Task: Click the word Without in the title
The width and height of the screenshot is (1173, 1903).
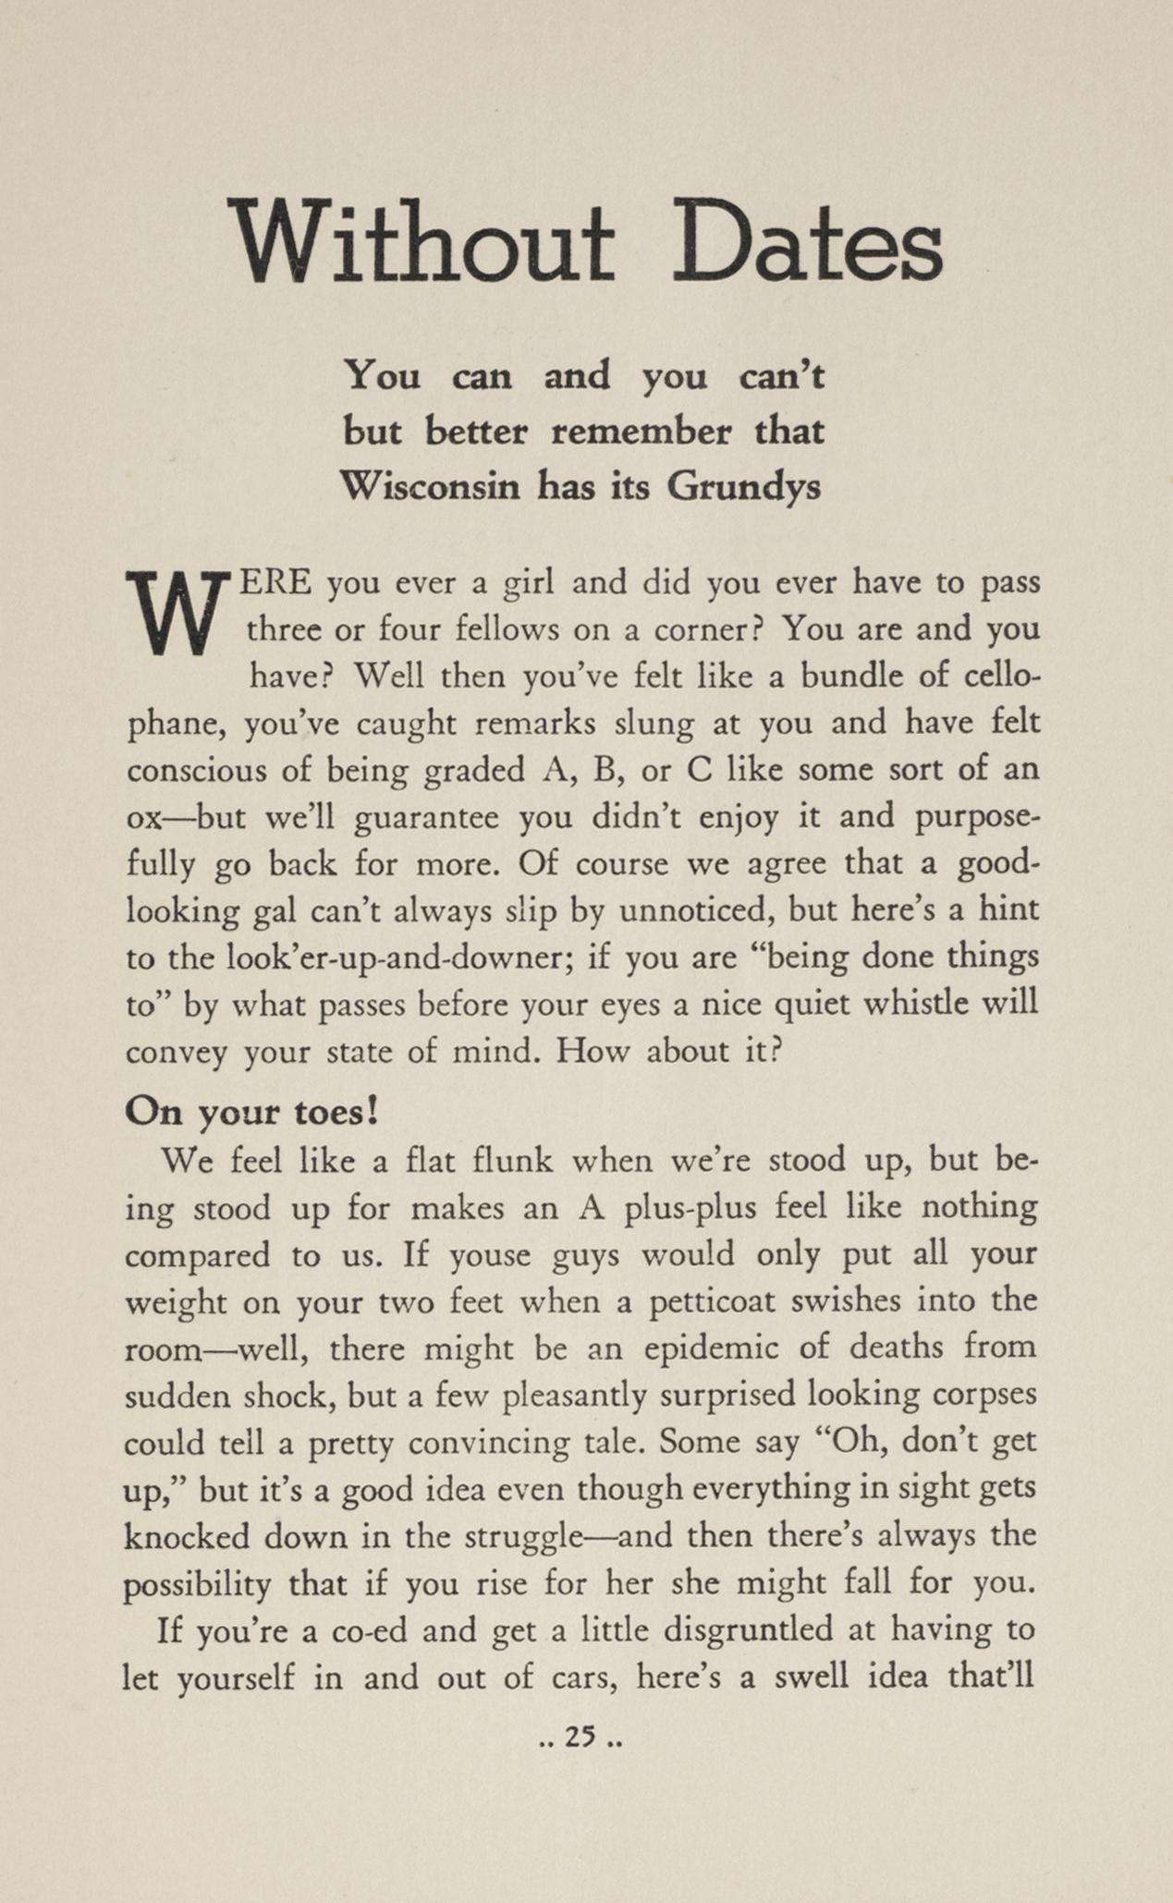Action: (421, 242)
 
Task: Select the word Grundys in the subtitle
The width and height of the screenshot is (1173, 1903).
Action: (743, 486)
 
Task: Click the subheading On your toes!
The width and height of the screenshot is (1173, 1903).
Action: (251, 1112)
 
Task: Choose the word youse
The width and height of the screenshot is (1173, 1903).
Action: (490, 1255)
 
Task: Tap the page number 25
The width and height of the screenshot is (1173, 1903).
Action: (580, 1738)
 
